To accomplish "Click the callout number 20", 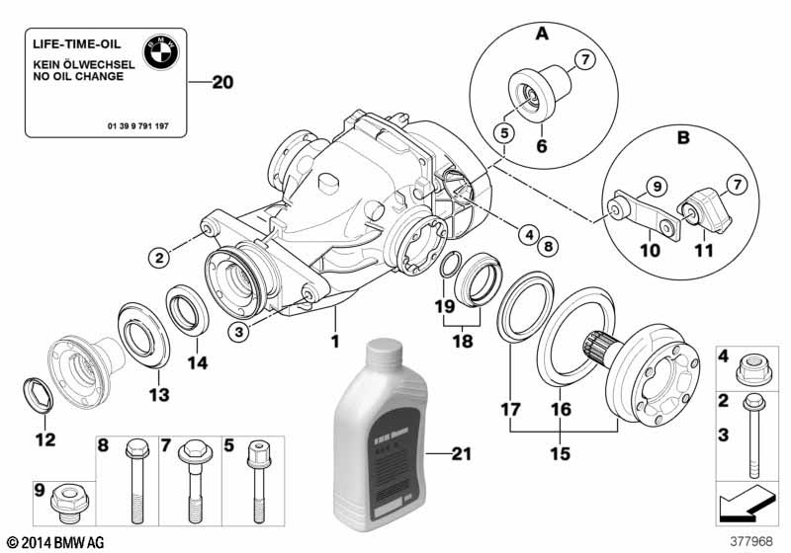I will point(223,83).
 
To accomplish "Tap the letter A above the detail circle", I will point(541,35).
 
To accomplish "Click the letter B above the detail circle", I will point(681,139).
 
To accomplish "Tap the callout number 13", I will point(157,395).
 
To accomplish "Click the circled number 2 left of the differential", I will point(158,259).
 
